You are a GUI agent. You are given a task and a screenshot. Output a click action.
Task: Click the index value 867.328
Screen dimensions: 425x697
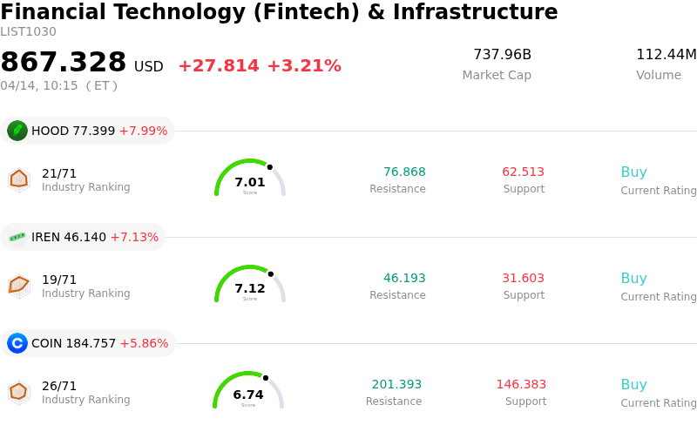coord(64,63)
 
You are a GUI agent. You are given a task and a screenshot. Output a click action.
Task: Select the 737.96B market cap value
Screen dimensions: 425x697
coord(502,55)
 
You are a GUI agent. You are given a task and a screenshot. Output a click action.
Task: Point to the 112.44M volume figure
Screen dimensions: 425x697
coord(666,55)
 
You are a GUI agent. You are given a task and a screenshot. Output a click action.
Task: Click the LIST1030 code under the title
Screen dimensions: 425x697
coord(28,32)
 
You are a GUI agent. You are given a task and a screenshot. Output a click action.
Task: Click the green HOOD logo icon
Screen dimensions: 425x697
coord(17,131)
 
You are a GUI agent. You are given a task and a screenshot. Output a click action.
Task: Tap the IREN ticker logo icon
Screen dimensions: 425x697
coord(17,237)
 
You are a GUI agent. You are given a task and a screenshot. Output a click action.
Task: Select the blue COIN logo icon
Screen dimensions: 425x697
coord(17,343)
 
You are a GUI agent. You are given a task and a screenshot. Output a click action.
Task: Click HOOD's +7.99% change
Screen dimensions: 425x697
coord(143,131)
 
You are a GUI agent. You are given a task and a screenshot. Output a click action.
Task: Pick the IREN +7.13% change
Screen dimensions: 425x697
coord(134,237)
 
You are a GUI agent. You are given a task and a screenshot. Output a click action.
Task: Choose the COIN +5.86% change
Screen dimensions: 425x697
coord(144,343)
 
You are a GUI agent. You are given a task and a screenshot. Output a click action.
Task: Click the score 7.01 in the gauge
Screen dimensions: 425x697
coord(250,182)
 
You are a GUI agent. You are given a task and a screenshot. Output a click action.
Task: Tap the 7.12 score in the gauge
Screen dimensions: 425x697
coord(250,288)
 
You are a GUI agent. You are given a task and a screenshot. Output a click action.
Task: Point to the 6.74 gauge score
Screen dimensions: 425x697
coord(248,395)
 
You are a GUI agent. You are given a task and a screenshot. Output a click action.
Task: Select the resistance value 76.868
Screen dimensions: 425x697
coord(404,172)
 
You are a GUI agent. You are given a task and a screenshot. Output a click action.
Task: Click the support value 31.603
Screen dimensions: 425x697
coord(523,278)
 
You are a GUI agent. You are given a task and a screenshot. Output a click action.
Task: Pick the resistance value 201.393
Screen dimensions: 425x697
coord(396,384)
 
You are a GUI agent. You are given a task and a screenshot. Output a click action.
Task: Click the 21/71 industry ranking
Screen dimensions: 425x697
coord(59,173)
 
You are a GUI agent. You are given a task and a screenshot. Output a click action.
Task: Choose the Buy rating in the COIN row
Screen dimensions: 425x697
coord(633,384)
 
